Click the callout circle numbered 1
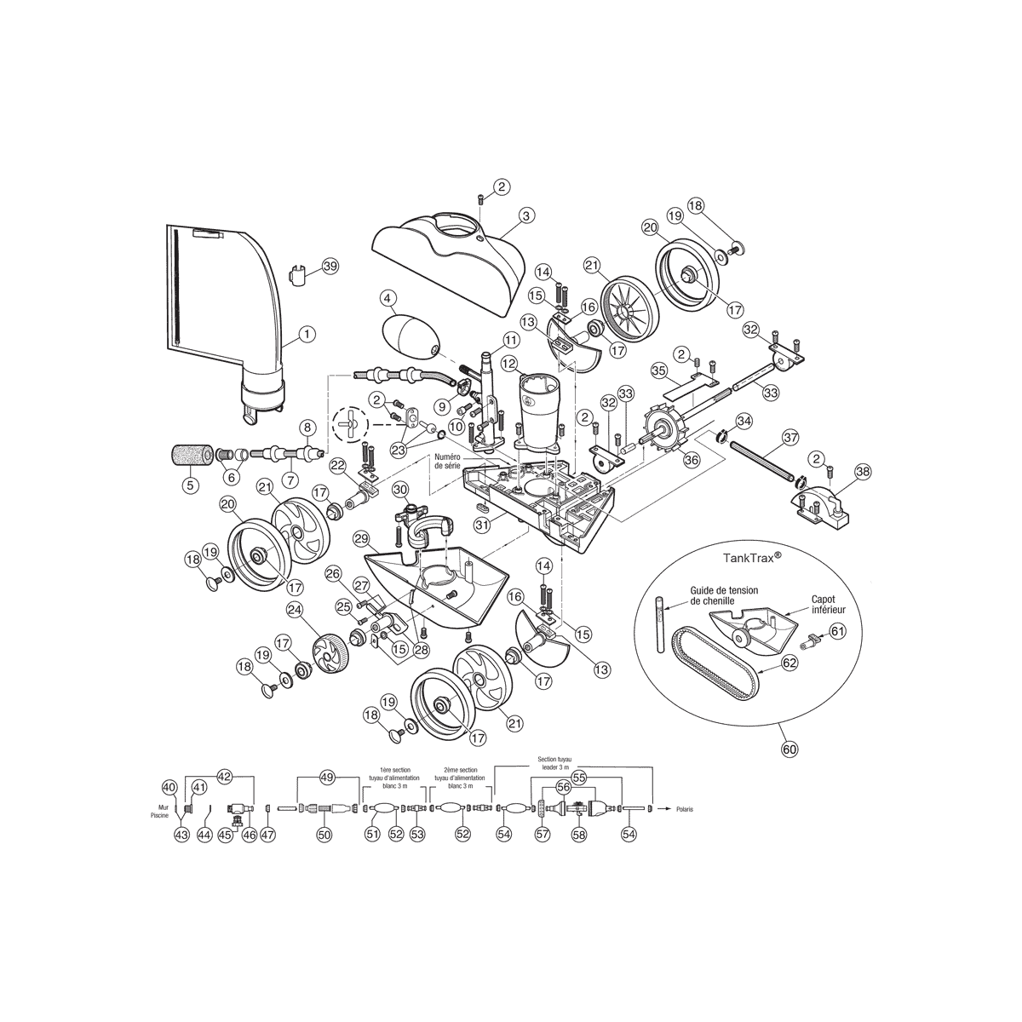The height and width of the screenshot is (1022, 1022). coord(307,334)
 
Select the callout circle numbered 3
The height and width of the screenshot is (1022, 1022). coord(525,215)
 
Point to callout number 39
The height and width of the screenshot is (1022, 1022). coord(330,267)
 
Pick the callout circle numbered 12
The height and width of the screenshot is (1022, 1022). coord(508,364)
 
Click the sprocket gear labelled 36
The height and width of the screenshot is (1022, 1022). coord(664,432)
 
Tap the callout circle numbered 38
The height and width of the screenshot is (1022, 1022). coord(863,473)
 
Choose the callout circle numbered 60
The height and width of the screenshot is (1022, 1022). coord(789,749)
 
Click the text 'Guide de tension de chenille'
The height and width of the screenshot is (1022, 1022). coord(724,595)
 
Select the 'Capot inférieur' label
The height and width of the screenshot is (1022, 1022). coord(828,605)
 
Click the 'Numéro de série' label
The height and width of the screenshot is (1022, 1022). coord(447,462)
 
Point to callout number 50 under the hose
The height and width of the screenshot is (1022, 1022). coord(324,835)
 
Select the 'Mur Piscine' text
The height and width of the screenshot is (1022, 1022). coord(159,812)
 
